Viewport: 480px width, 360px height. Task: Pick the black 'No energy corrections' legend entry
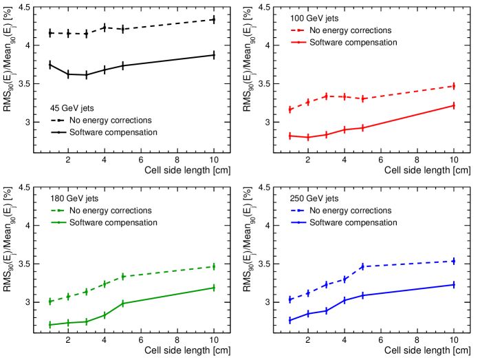click(111, 120)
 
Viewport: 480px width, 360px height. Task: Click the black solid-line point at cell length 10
click(214, 55)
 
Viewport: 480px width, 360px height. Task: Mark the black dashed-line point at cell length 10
click(214, 19)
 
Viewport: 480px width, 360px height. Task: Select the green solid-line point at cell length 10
click(214, 288)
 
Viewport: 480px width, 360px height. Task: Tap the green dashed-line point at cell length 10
click(214, 266)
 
